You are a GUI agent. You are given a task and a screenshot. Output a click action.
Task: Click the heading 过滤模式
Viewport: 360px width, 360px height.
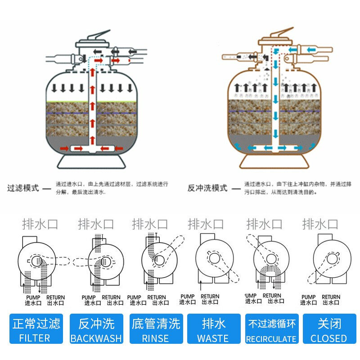tap(23, 188)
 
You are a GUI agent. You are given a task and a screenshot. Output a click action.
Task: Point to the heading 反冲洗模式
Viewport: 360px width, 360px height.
tap(207, 188)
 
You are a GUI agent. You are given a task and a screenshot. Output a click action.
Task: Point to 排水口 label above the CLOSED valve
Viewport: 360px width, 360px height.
tap(320, 224)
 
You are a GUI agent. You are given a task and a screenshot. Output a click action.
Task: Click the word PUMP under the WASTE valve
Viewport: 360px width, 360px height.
tap(188, 297)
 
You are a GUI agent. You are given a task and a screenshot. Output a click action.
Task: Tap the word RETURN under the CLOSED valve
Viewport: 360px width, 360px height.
tap(331, 297)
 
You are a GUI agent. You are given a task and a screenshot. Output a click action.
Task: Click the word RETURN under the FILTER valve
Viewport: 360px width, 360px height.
tap(56, 297)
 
